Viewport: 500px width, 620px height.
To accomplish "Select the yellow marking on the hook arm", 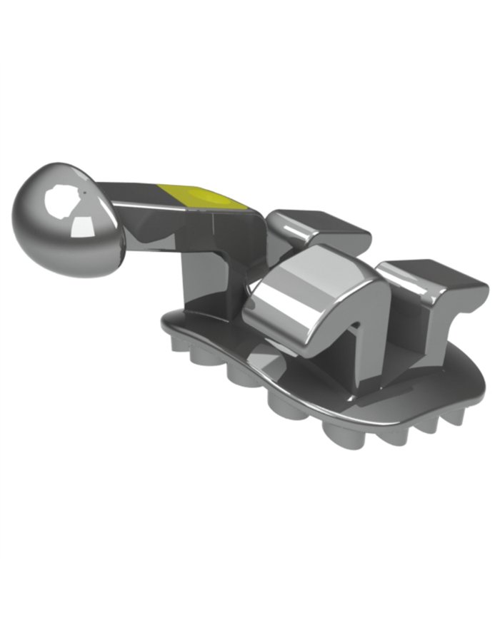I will tap(204, 196).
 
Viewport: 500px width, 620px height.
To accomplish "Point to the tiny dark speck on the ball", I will tap(84, 193).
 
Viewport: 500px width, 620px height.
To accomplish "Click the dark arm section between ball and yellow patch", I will tap(132, 193).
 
